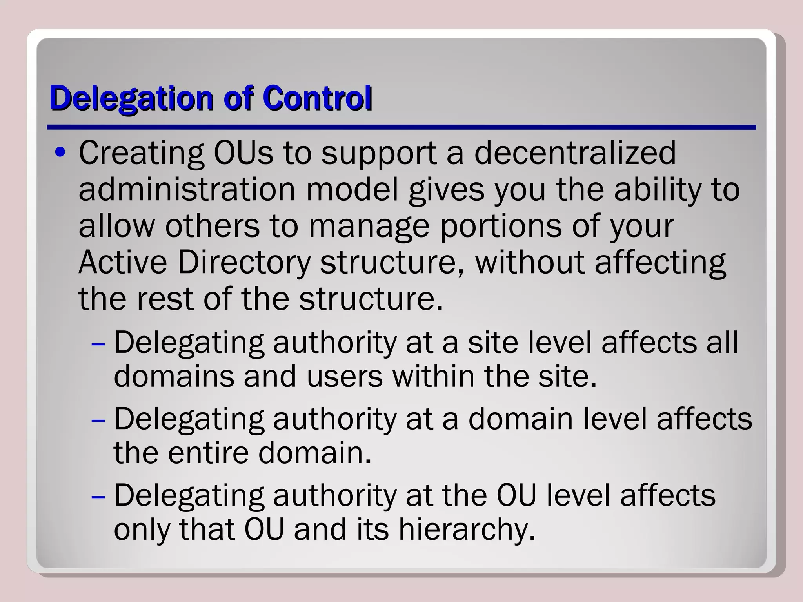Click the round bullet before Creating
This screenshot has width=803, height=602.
coord(60,152)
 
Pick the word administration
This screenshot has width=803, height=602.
coord(187,190)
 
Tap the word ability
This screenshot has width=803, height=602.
coord(657,190)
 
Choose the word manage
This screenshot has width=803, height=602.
coord(369,227)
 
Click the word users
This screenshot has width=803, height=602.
coord(344,376)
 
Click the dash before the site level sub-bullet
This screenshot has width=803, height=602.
coord(98,344)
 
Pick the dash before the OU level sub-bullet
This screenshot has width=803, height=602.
coord(98,497)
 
